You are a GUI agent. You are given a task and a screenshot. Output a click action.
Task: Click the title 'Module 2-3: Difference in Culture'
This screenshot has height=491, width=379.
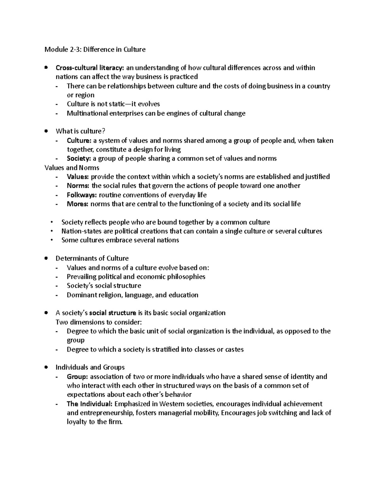tap(95, 49)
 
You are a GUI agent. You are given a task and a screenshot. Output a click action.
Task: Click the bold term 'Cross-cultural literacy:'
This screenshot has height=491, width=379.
tap(90, 68)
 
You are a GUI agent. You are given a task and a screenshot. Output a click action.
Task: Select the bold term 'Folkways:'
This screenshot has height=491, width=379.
tap(82, 195)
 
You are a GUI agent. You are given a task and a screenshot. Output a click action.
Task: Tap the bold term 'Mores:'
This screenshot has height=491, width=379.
tap(77, 204)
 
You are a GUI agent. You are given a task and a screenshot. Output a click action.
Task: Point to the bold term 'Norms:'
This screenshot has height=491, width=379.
tap(78, 186)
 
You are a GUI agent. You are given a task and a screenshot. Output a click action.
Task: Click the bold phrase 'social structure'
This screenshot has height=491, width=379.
tap(112, 313)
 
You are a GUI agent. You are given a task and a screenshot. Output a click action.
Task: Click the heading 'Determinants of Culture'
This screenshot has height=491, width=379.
tap(92, 258)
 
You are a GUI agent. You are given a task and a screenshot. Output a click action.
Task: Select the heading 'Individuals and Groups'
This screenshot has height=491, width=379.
tap(90, 367)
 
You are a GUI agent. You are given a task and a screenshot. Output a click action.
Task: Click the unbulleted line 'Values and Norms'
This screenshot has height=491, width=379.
tap(72, 168)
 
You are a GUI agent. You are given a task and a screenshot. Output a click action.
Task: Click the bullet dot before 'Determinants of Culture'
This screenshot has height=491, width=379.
tap(46, 258)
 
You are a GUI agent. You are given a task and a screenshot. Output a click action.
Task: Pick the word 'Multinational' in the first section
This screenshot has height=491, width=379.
tap(87, 113)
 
